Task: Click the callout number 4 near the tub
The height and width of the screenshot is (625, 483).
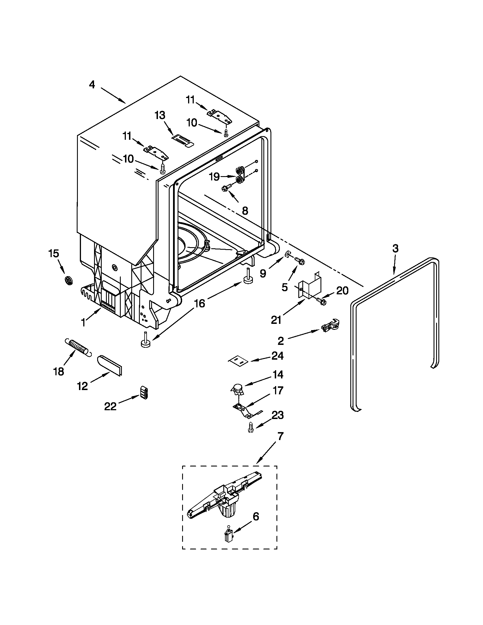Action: tap(91, 85)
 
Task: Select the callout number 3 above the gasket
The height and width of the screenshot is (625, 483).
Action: tap(395, 249)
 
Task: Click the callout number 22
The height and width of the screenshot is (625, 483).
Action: tap(110, 406)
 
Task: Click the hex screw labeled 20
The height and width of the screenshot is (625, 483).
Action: tap(322, 301)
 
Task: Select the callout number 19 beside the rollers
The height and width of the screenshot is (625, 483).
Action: tap(214, 177)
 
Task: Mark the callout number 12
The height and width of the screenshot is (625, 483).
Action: tap(82, 386)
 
